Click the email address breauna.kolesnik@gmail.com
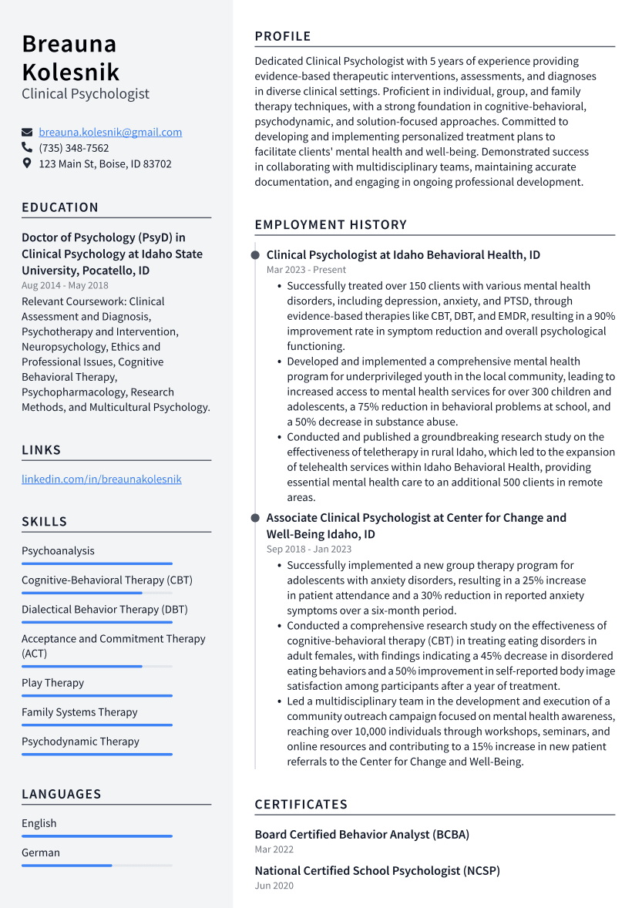click(110, 132)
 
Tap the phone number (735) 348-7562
click(74, 148)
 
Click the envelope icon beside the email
click(27, 133)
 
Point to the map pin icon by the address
click(27, 163)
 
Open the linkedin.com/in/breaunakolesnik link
click(102, 479)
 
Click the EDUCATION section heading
click(60, 207)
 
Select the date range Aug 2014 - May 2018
click(65, 285)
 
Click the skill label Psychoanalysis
click(58, 550)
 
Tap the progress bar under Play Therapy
click(96, 696)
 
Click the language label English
click(39, 823)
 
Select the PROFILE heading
click(283, 36)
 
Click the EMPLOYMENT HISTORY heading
click(331, 225)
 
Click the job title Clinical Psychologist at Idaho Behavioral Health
click(403, 254)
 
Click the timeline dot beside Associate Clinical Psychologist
click(255, 518)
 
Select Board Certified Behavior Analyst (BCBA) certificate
click(361, 834)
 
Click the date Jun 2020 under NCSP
click(274, 886)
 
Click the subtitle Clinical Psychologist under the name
click(86, 94)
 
